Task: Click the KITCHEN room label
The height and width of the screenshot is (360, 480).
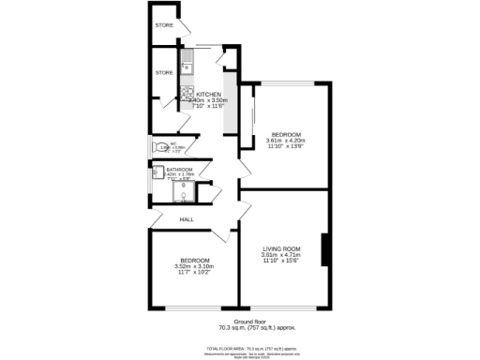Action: tap(207, 94)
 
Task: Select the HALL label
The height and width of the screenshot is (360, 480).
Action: tap(187, 218)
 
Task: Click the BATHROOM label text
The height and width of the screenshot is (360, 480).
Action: tap(179, 169)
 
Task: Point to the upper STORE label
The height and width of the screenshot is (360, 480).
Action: tap(164, 25)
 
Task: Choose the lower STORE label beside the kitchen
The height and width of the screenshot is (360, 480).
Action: tap(164, 72)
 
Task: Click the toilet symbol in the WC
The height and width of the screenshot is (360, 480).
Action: tap(156, 146)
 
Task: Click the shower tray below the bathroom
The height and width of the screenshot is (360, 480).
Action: tap(185, 194)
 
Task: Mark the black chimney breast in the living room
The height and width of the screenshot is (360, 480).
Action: tap(324, 250)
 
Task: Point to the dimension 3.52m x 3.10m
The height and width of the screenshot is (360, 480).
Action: tap(194, 266)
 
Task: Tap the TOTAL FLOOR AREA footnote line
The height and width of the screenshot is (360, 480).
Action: tap(239, 348)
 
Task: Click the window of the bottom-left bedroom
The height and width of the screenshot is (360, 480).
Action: tap(193, 308)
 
